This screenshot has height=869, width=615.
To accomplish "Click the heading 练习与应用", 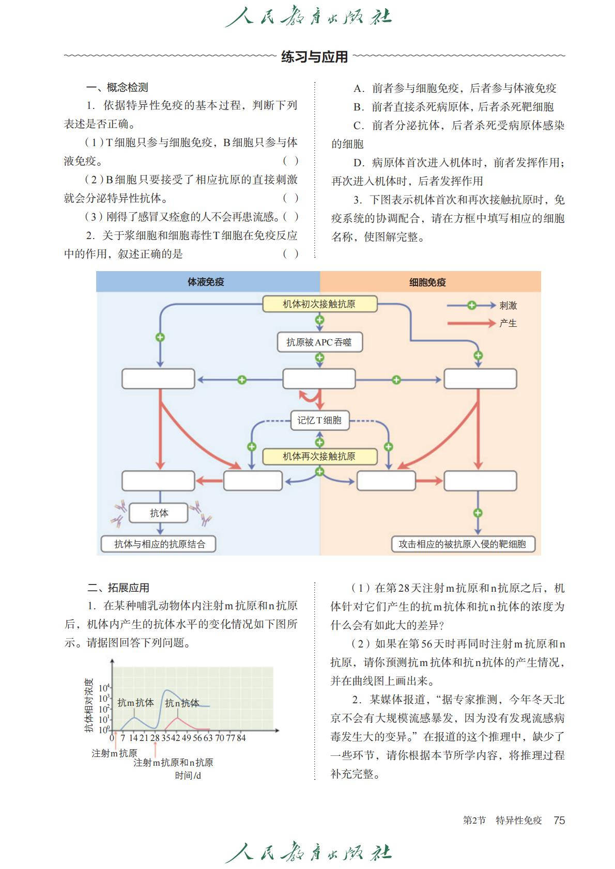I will [314, 57].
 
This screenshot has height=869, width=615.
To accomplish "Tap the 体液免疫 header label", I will [206, 282].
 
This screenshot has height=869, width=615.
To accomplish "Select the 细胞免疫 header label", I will [427, 282].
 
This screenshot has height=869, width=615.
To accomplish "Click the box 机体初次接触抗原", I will [319, 304].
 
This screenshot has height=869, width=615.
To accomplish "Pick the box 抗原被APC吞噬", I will [319, 342].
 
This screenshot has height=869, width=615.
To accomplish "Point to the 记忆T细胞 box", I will [319, 420].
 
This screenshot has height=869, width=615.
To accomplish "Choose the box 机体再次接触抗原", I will [319, 456].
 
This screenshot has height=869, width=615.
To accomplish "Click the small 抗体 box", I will [159, 513].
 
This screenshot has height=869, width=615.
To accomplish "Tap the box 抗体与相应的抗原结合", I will [159, 544].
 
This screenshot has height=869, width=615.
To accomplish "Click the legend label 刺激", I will [508, 306].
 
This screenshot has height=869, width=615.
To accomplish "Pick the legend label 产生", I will [508, 323].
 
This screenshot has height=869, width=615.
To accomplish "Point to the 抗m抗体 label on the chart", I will [135, 703].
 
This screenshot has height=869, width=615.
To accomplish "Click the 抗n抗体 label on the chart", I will [182, 703].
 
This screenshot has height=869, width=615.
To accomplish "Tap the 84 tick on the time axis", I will [241, 738].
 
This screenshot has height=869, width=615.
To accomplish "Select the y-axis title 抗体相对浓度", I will [89, 705].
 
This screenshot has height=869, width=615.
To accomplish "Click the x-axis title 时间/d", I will [188, 775].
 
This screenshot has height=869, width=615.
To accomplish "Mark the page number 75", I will [559, 820].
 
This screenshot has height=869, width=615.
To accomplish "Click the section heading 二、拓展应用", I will [118, 588].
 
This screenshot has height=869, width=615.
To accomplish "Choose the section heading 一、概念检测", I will [117, 87].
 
